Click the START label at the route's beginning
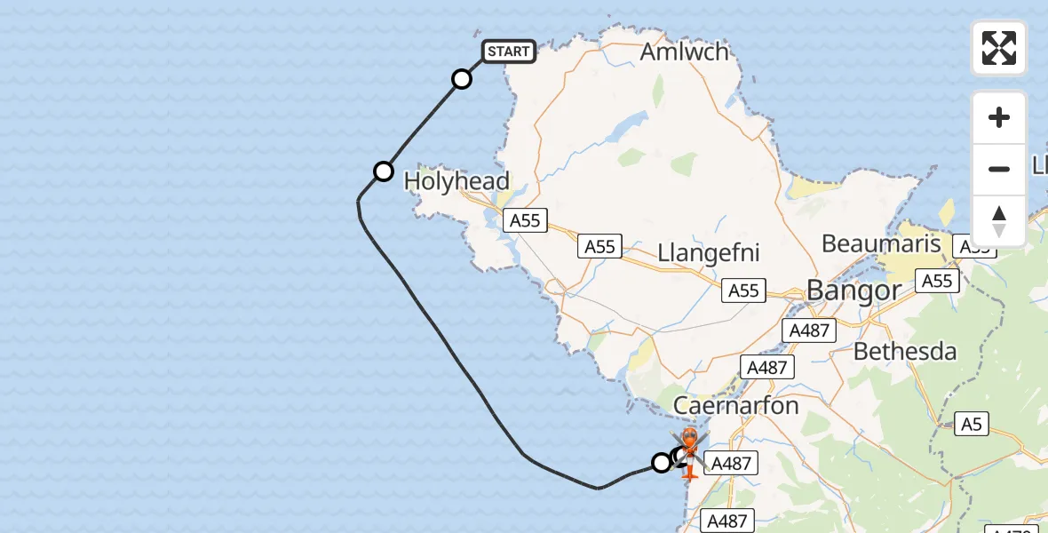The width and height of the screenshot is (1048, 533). tap(508, 52)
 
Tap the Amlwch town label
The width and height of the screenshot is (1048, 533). tap(684, 52)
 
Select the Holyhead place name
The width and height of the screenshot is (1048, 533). tap(457, 181)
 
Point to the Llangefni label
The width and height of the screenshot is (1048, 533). tap(709, 253)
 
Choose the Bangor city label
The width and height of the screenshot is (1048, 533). tap(853, 290)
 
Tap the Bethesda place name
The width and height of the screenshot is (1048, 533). tap(905, 352)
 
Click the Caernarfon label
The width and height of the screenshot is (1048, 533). tap(736, 406)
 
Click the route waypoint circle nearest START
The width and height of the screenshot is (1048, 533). tap(462, 79)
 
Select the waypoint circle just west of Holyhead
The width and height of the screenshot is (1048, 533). tap(383, 171)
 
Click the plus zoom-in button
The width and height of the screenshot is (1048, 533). tap(999, 117)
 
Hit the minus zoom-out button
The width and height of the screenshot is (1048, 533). tap(999, 169)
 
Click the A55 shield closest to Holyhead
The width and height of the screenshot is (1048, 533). tap(525, 220)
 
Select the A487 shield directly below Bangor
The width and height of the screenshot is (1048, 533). tap(809, 331)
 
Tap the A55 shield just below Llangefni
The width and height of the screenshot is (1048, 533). tap(743, 290)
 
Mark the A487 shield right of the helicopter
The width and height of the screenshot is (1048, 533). tap(732, 462)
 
